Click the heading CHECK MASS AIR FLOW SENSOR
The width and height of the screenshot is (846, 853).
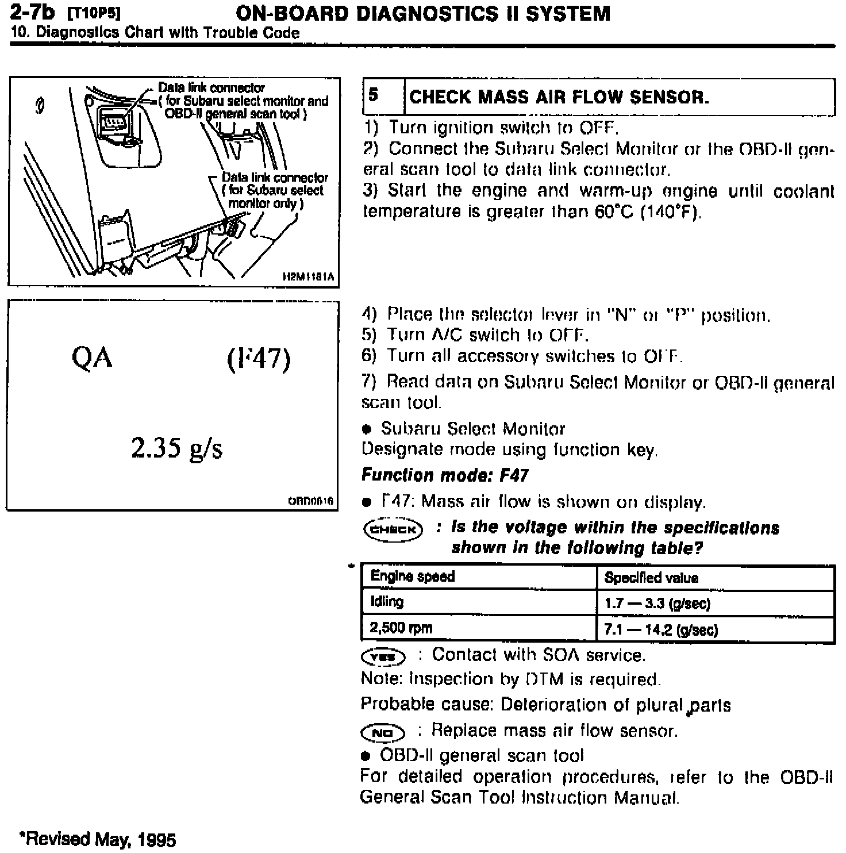click(x=559, y=97)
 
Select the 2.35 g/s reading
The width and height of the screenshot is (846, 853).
click(x=176, y=448)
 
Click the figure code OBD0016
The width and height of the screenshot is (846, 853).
click(x=310, y=501)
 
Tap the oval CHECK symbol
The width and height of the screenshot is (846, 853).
click(x=392, y=529)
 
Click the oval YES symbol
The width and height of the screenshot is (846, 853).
click(x=383, y=656)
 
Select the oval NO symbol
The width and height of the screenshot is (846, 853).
click(x=383, y=732)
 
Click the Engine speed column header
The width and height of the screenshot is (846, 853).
click(x=413, y=577)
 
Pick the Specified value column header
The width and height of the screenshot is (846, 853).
click(x=651, y=578)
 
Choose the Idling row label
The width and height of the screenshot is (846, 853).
click(x=387, y=602)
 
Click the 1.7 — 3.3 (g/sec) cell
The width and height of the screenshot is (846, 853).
click(x=657, y=604)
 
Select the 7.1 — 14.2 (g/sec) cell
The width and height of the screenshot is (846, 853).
click(x=661, y=630)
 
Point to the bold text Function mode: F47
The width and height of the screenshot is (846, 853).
click(x=444, y=475)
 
